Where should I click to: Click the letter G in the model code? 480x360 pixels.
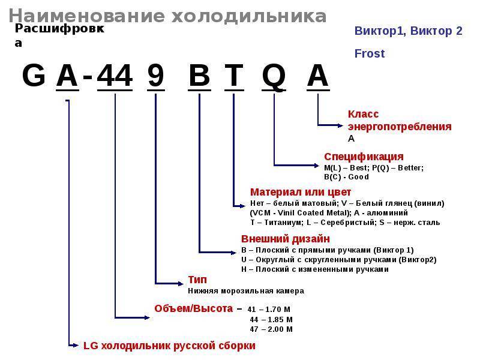(34, 76)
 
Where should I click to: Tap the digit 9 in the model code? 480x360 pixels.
(156, 76)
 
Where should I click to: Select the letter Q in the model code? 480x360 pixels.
(274, 77)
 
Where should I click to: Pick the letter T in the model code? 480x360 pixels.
(234, 76)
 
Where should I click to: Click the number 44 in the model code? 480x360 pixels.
(115, 76)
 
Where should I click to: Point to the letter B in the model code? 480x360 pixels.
(199, 76)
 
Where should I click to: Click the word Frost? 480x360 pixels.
(370, 53)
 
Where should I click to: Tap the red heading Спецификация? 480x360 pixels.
(364, 157)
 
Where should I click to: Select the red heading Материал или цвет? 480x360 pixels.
(301, 192)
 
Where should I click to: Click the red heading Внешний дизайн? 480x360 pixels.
(286, 239)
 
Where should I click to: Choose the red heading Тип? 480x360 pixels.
(197, 280)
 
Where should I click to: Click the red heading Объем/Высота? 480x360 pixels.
(193, 308)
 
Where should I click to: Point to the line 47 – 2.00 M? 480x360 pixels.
(271, 329)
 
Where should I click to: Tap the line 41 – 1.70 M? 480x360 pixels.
(269, 310)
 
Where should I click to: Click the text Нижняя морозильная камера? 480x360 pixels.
(246, 291)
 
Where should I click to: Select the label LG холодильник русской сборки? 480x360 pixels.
(169, 346)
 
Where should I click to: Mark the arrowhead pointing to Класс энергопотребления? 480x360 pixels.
(340, 125)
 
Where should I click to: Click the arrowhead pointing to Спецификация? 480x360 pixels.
(317, 166)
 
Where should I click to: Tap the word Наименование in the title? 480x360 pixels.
(86, 16)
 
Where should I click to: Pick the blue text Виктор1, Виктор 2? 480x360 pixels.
(409, 31)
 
